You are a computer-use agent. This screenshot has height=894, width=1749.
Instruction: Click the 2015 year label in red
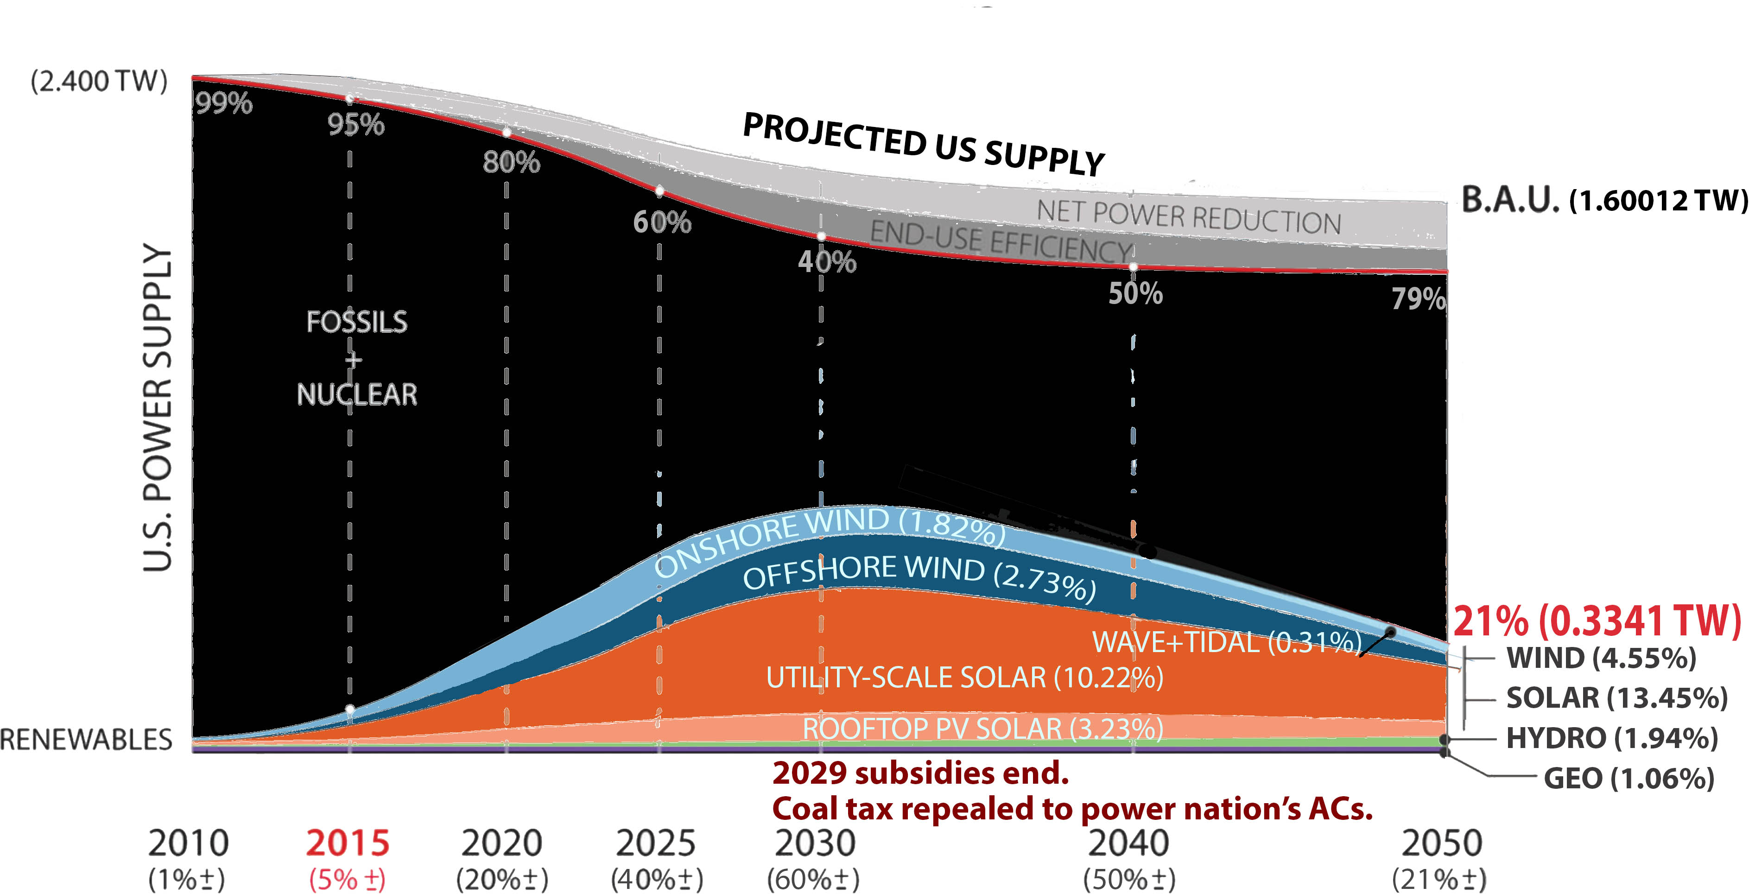pos(348,843)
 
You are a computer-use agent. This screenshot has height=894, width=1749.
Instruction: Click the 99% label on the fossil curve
pos(224,103)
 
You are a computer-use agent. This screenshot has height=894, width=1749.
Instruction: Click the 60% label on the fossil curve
pos(662,222)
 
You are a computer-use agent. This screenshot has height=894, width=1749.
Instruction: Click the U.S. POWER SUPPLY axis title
pos(158,407)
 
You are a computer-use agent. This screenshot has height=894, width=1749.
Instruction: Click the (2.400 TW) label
pos(99,82)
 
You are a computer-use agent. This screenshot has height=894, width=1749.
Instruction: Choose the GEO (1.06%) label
pos(1629,779)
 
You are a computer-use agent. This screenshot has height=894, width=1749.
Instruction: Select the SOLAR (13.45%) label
pos(1616,698)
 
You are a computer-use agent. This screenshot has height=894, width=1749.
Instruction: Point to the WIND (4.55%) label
pos(1601,658)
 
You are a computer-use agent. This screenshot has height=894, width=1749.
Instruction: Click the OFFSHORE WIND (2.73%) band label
pos(919,576)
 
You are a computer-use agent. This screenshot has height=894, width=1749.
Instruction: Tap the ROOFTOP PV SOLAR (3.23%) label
pos(982,729)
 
